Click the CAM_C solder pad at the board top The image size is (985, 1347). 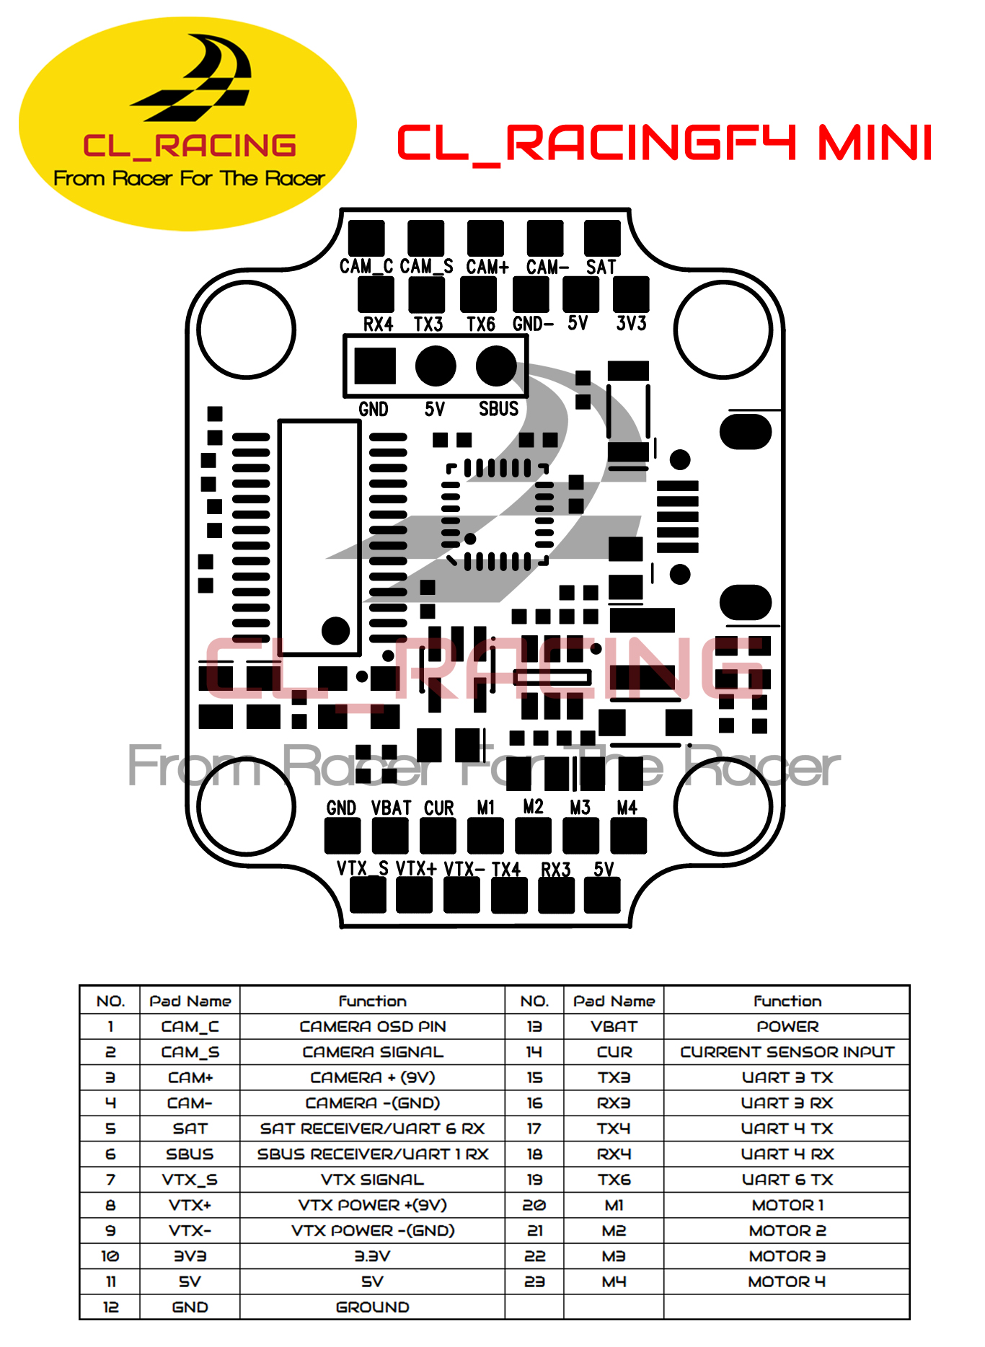(366, 238)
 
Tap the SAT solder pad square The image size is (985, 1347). (603, 238)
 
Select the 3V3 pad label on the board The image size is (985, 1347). (631, 323)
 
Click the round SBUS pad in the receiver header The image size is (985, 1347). (496, 366)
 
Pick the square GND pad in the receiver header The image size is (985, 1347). (375, 366)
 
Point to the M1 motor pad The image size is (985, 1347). (485, 836)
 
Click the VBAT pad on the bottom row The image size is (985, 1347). (390, 836)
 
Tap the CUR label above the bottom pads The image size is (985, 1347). (438, 808)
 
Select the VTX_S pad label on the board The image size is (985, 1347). (363, 868)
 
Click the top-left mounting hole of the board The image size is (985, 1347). (247, 330)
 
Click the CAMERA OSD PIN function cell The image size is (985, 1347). (373, 1026)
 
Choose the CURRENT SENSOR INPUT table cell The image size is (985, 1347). (787, 1052)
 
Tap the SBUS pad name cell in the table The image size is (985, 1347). (190, 1154)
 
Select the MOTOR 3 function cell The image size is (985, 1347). (787, 1256)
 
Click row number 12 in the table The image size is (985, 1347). (110, 1307)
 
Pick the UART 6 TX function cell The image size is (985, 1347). (787, 1180)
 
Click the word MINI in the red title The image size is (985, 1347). (875, 142)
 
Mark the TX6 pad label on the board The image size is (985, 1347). (480, 324)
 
